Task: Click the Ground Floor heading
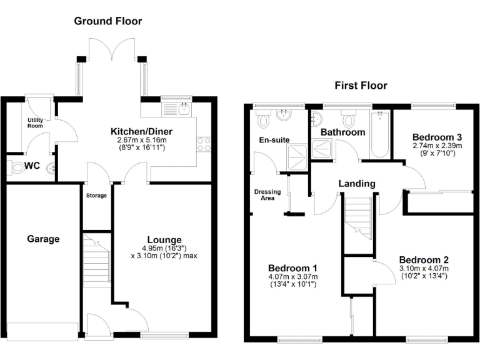(x=108, y=21)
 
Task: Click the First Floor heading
(x=361, y=86)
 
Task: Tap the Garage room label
(x=43, y=239)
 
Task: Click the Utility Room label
(x=35, y=122)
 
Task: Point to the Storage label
(x=96, y=196)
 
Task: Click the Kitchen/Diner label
(x=141, y=132)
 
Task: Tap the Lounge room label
(x=164, y=240)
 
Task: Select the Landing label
(x=356, y=184)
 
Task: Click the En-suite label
(x=274, y=140)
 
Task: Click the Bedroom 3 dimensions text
(x=437, y=149)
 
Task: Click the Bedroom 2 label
(x=424, y=260)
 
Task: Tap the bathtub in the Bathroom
(x=379, y=135)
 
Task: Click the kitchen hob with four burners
(x=204, y=144)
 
